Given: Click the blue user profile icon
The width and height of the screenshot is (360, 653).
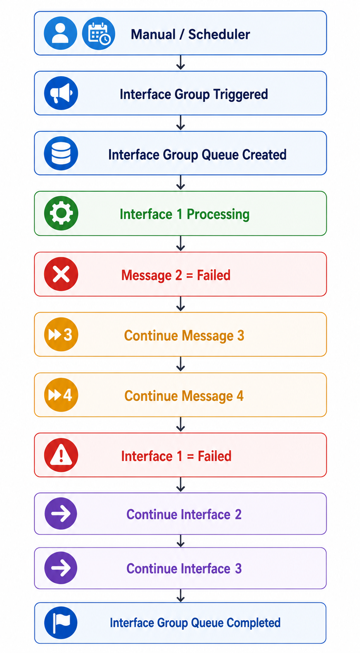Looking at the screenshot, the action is [x=60, y=33].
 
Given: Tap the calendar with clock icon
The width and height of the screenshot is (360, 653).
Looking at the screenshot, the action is [x=99, y=33].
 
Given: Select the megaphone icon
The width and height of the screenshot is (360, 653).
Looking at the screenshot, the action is [x=61, y=93].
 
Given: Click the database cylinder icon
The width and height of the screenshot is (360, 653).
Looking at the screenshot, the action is [x=61, y=153].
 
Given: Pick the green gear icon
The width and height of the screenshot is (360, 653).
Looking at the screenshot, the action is [x=61, y=213].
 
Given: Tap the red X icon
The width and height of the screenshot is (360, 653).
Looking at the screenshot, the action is [x=61, y=274].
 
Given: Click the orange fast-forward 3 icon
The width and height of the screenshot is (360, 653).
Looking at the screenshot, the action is [x=61, y=334].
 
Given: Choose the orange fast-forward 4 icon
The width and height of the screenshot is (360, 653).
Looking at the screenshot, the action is [x=61, y=395].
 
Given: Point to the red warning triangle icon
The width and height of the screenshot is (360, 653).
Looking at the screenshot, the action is [x=61, y=455].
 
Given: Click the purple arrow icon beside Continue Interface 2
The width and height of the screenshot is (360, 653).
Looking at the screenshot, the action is [x=61, y=514].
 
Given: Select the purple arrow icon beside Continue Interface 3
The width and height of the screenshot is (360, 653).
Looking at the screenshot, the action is [x=61, y=568].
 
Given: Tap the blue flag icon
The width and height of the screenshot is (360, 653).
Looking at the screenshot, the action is [x=61, y=623].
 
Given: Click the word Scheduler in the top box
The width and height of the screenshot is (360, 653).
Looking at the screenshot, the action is [x=219, y=34].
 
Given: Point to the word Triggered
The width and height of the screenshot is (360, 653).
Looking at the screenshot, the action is [x=241, y=94].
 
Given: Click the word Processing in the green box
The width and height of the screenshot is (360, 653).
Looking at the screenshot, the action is [x=218, y=214].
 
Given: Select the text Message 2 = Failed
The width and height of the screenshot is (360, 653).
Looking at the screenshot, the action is [x=176, y=275].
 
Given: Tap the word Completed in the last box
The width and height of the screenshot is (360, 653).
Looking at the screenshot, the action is [x=254, y=623].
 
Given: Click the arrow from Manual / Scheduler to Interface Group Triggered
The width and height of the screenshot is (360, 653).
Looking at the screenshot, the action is [x=181, y=62].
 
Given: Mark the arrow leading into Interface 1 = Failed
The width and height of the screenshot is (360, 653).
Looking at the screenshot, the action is [x=181, y=424].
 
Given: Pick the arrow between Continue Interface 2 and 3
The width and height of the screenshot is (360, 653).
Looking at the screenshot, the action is [x=181, y=541].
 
